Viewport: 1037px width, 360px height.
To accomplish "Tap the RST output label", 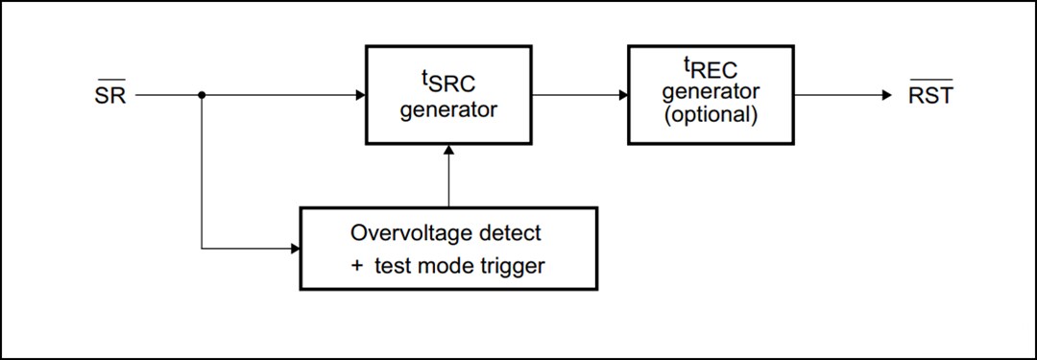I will (929, 96).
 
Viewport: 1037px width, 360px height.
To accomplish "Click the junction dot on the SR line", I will (203, 95).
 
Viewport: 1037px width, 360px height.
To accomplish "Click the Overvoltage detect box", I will (448, 248).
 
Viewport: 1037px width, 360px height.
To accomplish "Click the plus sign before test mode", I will (356, 266).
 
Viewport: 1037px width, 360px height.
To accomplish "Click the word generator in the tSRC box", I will (448, 109).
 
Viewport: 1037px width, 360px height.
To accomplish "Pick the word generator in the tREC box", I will (711, 92).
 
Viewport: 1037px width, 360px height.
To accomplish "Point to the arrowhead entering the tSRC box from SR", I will (360, 95).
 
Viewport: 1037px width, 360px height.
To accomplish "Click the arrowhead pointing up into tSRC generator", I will (448, 151).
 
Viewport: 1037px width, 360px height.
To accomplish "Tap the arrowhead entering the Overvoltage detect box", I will (295, 249).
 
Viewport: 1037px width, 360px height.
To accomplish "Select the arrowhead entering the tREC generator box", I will (623, 95).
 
